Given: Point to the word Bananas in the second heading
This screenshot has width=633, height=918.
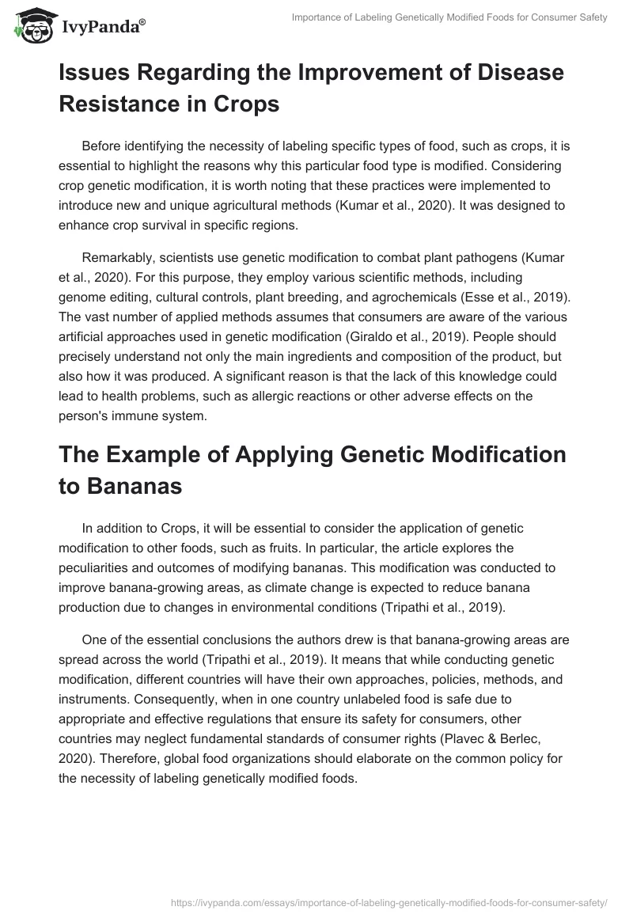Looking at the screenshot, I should [120, 486].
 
